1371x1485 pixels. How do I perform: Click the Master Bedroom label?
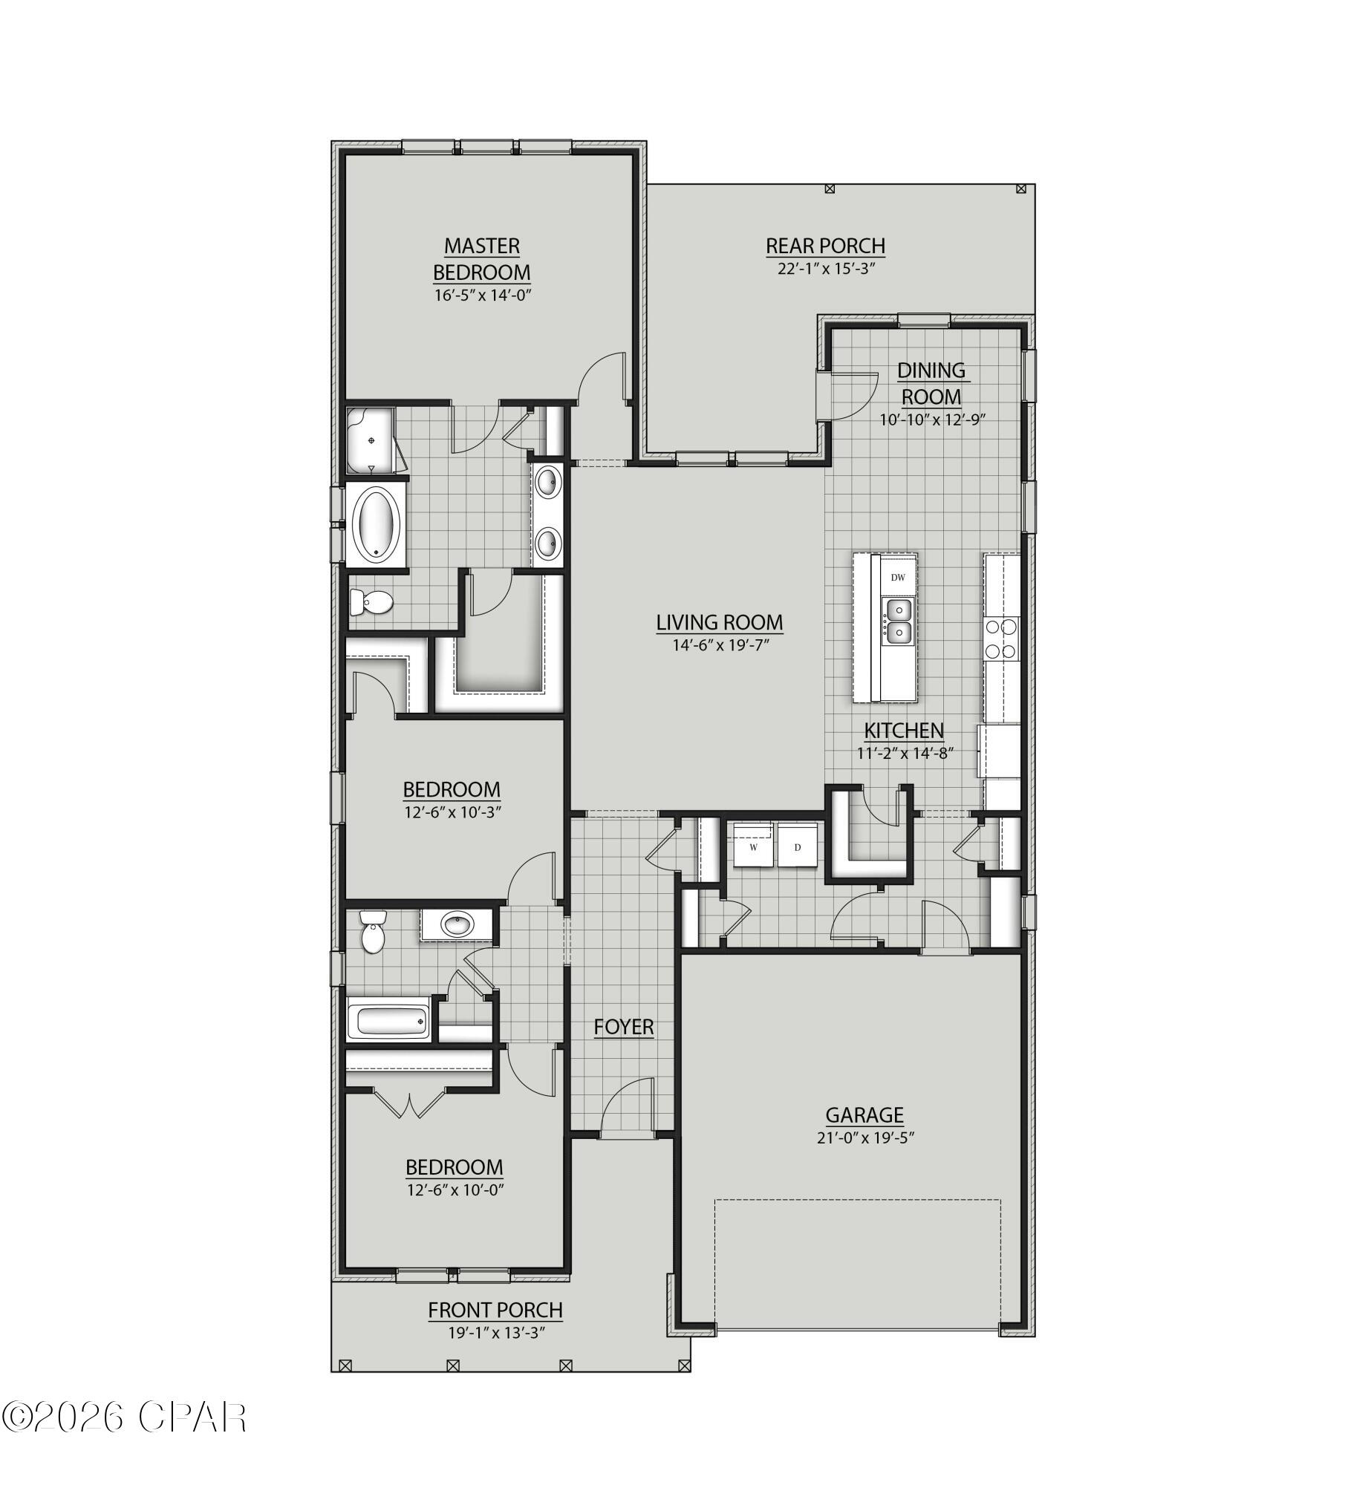pyautogui.click(x=482, y=258)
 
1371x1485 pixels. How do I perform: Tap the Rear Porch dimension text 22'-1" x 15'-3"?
pyautogui.click(x=826, y=269)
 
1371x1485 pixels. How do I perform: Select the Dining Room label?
pyautogui.click(x=931, y=383)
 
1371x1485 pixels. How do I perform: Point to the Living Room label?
pyautogui.click(x=720, y=622)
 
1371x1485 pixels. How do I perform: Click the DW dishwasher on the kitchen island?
pyautogui.click(x=898, y=577)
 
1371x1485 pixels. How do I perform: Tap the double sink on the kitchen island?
pyautogui.click(x=898, y=621)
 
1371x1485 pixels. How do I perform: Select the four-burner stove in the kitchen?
pyautogui.click(x=1000, y=639)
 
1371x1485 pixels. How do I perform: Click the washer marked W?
pyautogui.click(x=754, y=846)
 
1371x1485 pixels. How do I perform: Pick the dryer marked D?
pyautogui.click(x=797, y=846)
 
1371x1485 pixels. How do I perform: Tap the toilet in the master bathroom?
pyautogui.click(x=371, y=601)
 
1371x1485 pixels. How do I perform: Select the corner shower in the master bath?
pyautogui.click(x=371, y=440)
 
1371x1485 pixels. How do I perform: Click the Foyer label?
pyautogui.click(x=624, y=1027)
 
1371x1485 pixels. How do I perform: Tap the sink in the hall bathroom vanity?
pyautogui.click(x=457, y=925)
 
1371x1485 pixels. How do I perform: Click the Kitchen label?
pyautogui.click(x=905, y=730)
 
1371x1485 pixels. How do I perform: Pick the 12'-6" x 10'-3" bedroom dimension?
pyautogui.click(x=453, y=812)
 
